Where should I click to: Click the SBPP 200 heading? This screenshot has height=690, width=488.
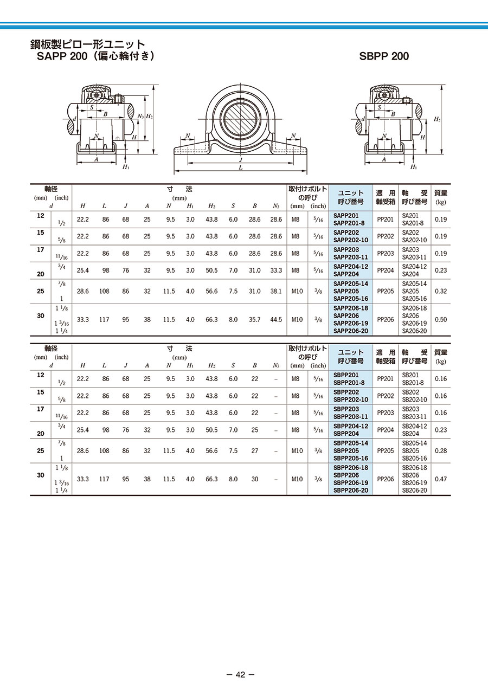tap(384, 56)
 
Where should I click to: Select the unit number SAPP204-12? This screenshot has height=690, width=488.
tap(351, 267)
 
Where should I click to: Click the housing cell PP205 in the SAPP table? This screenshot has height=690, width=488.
tap(386, 291)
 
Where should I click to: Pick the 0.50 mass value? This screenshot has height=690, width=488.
tap(440, 319)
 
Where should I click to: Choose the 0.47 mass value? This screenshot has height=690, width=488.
tap(440, 479)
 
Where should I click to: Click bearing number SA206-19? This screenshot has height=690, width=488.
tap(414, 323)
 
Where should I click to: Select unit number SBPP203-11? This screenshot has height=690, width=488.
tap(351, 416)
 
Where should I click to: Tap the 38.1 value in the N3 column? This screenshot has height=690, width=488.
tap(276, 291)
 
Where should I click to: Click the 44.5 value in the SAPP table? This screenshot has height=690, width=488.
tap(276, 319)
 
